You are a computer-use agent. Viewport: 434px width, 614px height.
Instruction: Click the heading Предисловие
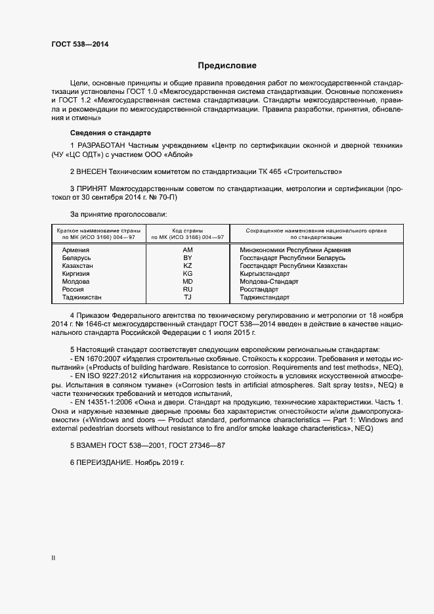tap(227, 66)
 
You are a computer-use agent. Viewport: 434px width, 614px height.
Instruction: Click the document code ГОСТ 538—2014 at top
tap(80, 45)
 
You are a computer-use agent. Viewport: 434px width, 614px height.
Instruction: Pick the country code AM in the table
tap(187, 250)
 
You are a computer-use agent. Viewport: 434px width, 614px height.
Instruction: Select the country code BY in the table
tap(187, 258)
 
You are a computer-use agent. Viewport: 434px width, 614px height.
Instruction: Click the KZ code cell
tap(187, 266)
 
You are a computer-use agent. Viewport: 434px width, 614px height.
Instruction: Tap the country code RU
tap(187, 290)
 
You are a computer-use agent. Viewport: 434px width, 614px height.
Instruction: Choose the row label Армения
tap(76, 250)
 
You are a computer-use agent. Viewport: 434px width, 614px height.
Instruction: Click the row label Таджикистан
tap(81, 297)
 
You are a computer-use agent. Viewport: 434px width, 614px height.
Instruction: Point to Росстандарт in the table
tap(259, 290)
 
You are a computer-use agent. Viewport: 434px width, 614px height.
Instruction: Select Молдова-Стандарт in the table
tap(269, 282)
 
